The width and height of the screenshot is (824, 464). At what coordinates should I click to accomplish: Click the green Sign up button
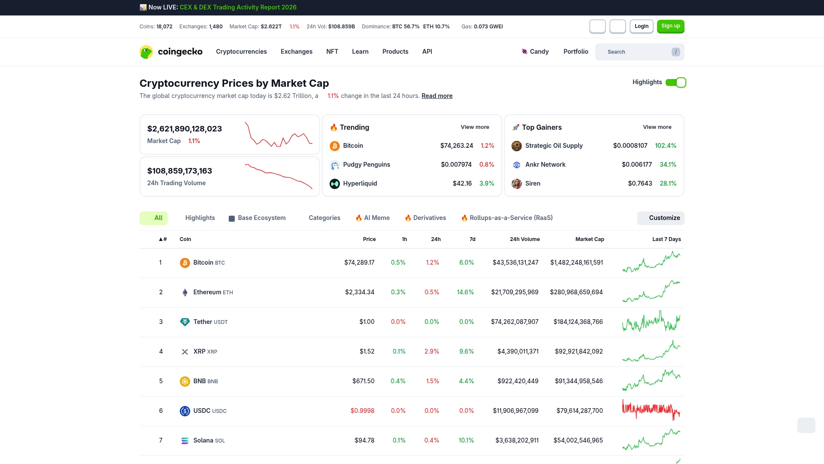pos(670,26)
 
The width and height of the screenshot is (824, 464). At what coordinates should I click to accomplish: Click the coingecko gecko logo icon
pos(146,52)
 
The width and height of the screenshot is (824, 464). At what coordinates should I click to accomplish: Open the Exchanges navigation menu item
pos(296,52)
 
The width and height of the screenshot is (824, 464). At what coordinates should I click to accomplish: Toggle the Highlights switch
pos(676,82)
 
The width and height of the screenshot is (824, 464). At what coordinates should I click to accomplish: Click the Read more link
pos(436,96)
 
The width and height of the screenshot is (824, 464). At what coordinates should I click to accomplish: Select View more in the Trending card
pos(475,127)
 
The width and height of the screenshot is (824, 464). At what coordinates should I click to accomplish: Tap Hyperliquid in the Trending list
pos(360,183)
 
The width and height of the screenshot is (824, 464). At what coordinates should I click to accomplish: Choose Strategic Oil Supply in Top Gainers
pos(554,146)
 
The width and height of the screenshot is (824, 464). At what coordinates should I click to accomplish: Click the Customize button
pos(661,218)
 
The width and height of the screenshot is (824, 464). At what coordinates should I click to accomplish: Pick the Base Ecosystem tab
pos(261,218)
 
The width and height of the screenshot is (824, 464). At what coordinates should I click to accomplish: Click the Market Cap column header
pos(589,239)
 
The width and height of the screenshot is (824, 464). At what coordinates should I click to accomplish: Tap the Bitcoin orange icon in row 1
pos(185,263)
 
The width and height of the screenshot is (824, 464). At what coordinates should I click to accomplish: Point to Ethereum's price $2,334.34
pos(360,292)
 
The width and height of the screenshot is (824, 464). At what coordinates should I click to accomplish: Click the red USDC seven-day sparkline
pos(651,410)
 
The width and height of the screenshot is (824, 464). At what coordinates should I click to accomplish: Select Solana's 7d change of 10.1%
pos(466,440)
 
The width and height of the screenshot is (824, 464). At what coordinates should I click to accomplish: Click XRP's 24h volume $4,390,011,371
pos(518,351)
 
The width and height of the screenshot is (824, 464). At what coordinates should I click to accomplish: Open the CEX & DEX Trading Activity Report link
pos(238,7)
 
